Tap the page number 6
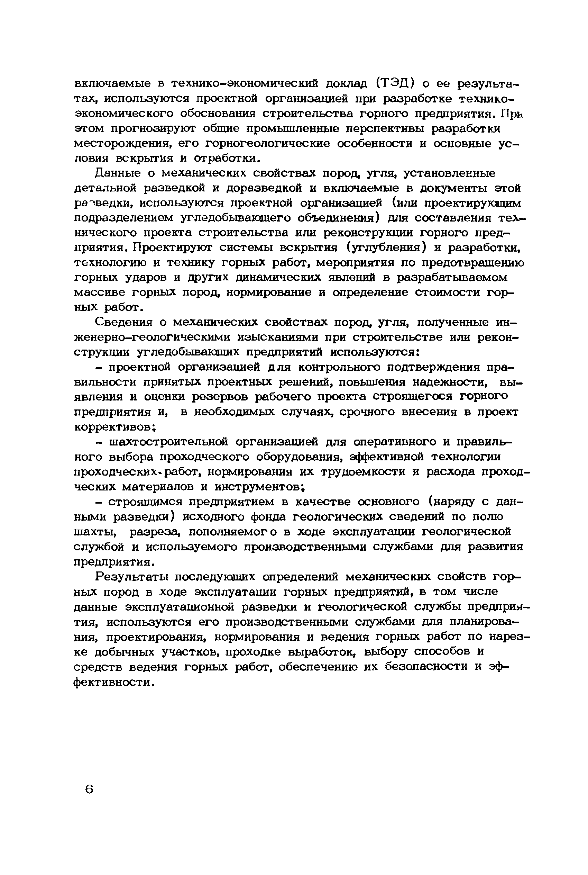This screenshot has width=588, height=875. coord(89,789)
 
